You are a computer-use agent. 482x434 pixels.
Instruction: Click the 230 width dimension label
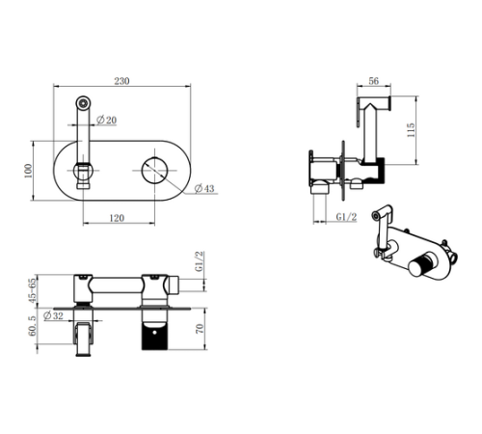pos(121,81)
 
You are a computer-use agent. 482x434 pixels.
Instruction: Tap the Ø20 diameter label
pos(106,120)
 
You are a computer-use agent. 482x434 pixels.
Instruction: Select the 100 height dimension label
pos(28,171)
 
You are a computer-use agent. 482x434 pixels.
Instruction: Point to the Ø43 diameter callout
pos(204,188)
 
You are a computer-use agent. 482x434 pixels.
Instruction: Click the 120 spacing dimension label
pos(117,218)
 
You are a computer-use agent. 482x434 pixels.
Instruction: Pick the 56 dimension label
pos(373,81)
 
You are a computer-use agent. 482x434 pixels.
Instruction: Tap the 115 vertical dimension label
pos(411,130)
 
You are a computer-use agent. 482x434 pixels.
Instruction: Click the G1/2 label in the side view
pos(346,217)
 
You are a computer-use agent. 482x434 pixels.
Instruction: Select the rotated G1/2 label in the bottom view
pos(200,261)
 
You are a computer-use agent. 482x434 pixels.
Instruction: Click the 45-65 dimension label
pos(33,290)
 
